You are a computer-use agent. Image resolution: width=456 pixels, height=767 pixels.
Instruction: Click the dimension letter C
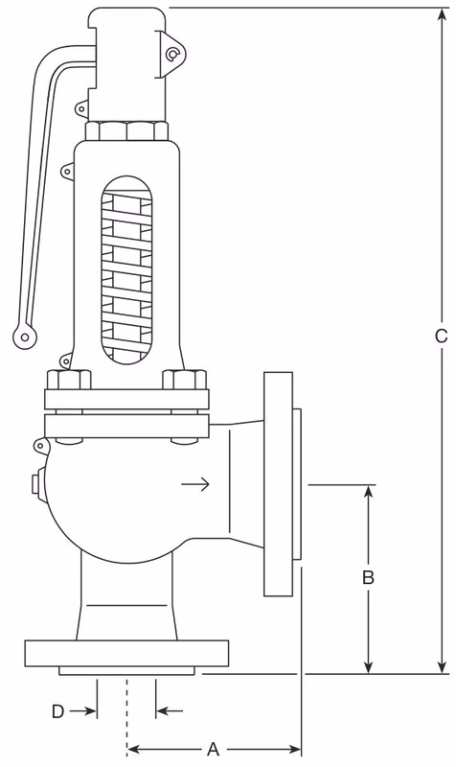tap(441, 337)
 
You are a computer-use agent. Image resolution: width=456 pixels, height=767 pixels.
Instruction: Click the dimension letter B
tap(367, 578)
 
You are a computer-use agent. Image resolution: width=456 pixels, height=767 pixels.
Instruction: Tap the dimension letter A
tap(213, 748)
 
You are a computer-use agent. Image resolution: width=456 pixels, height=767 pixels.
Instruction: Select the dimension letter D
tap(57, 711)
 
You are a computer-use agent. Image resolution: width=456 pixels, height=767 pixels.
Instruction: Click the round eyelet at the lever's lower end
tap(23, 335)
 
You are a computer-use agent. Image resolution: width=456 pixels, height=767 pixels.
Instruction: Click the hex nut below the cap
tap(126, 130)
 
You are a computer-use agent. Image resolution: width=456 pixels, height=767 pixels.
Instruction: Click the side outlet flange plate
tap(279, 483)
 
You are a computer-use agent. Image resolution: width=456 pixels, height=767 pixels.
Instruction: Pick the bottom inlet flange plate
tap(126, 653)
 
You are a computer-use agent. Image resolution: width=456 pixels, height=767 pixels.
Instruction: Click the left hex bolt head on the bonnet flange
tap(68, 381)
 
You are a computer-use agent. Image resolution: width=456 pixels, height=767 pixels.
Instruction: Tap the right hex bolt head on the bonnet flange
tap(185, 381)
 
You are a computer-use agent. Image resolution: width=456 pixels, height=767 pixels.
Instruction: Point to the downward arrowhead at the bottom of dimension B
tap(368, 667)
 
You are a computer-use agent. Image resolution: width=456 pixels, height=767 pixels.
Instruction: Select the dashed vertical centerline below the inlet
tap(126, 714)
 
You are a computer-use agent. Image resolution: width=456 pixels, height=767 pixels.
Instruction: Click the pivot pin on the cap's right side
tap(171, 55)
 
